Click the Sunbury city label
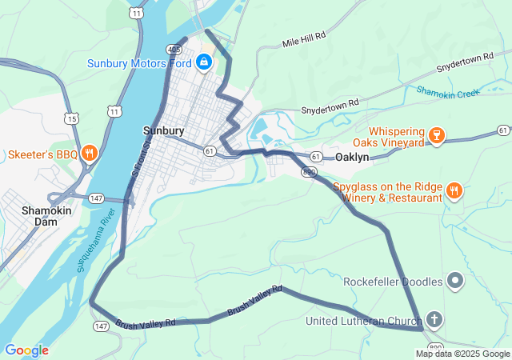point(164,130)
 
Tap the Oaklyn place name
point(352,158)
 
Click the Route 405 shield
point(174,49)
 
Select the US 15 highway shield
point(73,118)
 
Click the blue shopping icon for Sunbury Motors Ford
point(204,62)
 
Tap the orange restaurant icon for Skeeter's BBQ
point(89,154)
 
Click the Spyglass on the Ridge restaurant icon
point(454,190)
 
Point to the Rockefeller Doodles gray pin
point(455,281)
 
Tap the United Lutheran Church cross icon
point(434,321)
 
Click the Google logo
point(26,350)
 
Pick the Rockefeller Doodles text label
point(393,282)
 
